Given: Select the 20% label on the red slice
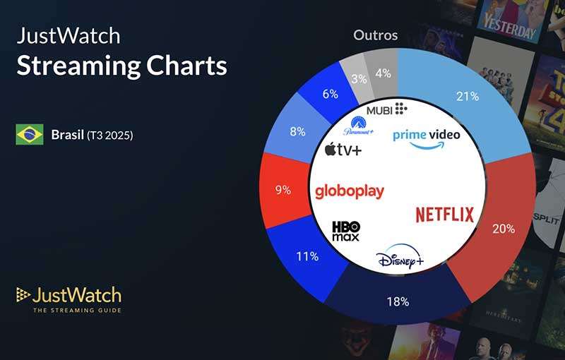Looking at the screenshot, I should click(x=504, y=229).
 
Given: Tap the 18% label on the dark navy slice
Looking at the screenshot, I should click(x=398, y=302).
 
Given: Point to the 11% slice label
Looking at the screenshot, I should click(x=307, y=256).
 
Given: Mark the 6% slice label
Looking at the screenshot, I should click(x=330, y=94).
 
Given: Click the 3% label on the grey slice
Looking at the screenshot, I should click(x=359, y=79).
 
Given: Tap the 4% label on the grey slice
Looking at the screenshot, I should click(x=383, y=73).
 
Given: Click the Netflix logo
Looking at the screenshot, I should click(x=444, y=215).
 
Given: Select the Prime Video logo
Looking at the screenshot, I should click(x=426, y=137).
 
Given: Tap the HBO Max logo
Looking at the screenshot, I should click(x=346, y=230).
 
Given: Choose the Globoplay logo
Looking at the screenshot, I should click(x=349, y=191).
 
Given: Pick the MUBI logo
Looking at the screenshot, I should click(x=386, y=109).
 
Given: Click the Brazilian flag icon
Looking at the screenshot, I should click(x=30, y=134).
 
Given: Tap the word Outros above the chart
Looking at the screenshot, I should click(x=375, y=35).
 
